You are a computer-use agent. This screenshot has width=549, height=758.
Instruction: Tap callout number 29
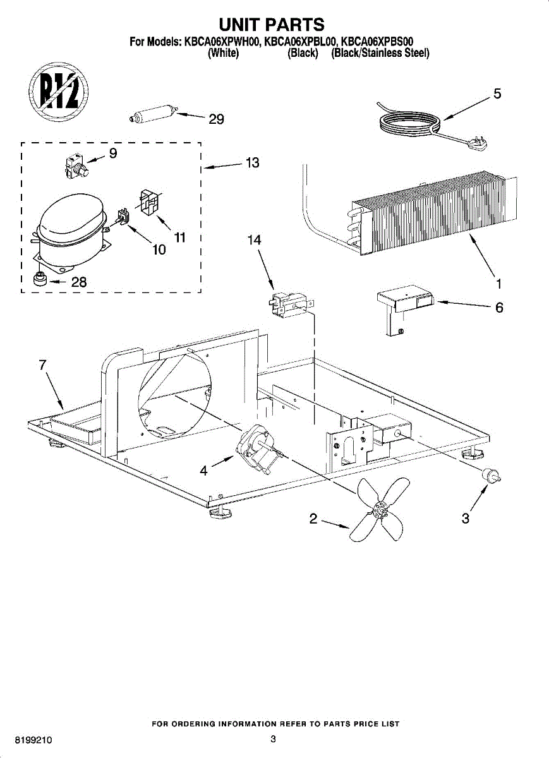(x=216, y=119)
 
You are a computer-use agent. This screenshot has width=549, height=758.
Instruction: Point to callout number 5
(x=497, y=94)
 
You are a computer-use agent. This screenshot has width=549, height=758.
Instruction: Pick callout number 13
(x=252, y=163)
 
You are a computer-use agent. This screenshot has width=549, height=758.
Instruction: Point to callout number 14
(x=255, y=241)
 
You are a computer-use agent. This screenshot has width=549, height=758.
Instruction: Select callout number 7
(x=43, y=364)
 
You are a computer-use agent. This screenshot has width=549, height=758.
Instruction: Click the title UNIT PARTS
(x=272, y=25)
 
